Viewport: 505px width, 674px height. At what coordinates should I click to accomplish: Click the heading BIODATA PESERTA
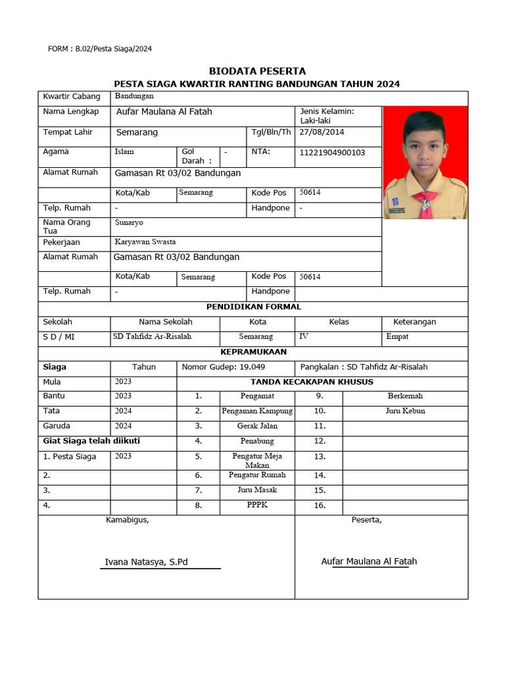[257, 71]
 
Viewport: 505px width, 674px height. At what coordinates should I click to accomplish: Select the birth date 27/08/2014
[322, 132]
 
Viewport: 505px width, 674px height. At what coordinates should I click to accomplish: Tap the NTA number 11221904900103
[332, 153]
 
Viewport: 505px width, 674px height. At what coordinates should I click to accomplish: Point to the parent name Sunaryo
[129, 222]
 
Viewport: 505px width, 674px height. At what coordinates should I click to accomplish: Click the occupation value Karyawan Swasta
[145, 242]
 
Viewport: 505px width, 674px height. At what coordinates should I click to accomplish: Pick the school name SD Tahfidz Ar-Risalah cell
[153, 336]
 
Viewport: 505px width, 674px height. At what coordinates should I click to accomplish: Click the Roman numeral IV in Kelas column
[304, 336]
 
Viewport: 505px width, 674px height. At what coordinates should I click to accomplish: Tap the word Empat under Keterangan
[397, 336]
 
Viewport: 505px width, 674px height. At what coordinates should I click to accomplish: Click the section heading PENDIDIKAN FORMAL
[254, 307]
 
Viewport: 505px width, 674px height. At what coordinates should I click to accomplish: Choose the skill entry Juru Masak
[257, 490]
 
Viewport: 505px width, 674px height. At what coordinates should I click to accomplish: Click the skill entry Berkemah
[405, 396]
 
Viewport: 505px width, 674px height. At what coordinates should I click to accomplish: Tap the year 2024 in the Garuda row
[123, 426]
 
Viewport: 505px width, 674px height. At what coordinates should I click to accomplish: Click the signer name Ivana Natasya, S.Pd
[147, 561]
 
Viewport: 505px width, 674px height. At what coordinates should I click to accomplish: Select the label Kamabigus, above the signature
[128, 520]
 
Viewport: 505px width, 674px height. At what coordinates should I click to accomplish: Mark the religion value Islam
[124, 151]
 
